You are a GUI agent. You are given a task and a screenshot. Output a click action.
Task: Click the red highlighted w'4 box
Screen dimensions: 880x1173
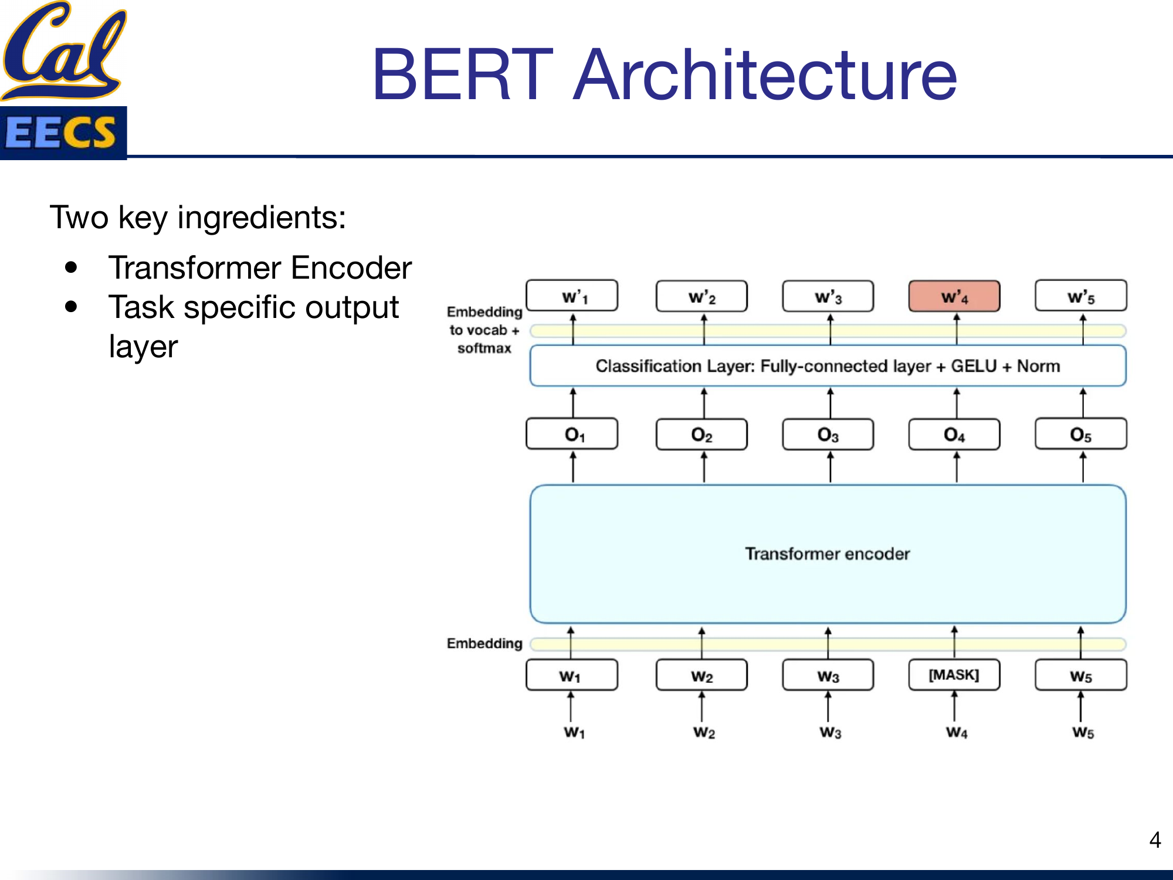pyautogui.click(x=954, y=296)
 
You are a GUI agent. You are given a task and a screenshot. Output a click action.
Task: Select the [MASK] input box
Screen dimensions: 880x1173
pyautogui.click(x=954, y=675)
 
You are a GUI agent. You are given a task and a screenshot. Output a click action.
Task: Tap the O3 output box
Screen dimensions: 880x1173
pyautogui.click(x=828, y=434)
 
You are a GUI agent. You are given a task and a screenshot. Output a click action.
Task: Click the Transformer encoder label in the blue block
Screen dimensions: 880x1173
pyautogui.click(x=827, y=554)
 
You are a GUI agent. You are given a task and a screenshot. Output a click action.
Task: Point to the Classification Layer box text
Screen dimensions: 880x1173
pyautogui.click(x=827, y=366)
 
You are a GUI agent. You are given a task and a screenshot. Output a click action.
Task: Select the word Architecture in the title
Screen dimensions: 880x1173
pyautogui.click(x=765, y=75)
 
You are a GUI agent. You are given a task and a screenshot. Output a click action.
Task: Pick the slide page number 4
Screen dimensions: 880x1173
pyautogui.click(x=1155, y=840)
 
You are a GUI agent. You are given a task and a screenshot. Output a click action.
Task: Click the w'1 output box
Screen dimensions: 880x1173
pyautogui.click(x=572, y=296)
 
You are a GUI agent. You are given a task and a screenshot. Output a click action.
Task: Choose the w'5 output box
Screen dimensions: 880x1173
pyautogui.click(x=1080, y=296)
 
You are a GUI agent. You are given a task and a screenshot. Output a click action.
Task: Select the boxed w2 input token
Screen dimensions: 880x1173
pyautogui.click(x=701, y=675)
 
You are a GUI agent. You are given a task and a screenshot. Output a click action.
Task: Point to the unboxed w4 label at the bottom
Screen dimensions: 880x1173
pyautogui.click(x=957, y=732)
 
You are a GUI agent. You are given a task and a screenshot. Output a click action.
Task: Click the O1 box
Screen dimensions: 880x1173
pyautogui.click(x=572, y=434)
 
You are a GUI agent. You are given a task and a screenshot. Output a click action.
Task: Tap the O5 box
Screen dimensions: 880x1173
pyautogui.click(x=1080, y=434)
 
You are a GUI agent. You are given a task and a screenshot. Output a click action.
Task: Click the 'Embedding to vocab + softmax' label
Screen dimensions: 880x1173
pyautogui.click(x=484, y=330)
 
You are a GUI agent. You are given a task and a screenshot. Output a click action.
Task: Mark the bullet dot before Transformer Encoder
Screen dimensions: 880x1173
pyautogui.click(x=72, y=268)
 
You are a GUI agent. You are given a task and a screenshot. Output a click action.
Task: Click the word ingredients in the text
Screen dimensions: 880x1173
pyautogui.click(x=261, y=218)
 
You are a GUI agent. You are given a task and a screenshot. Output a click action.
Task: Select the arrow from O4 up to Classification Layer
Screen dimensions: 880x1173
pyautogui.click(x=957, y=402)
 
